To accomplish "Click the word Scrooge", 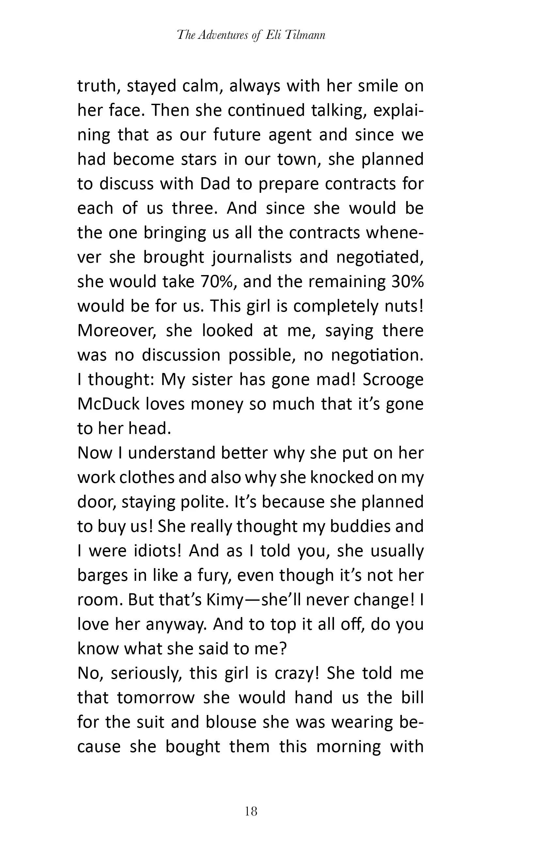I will pos(393,380).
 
